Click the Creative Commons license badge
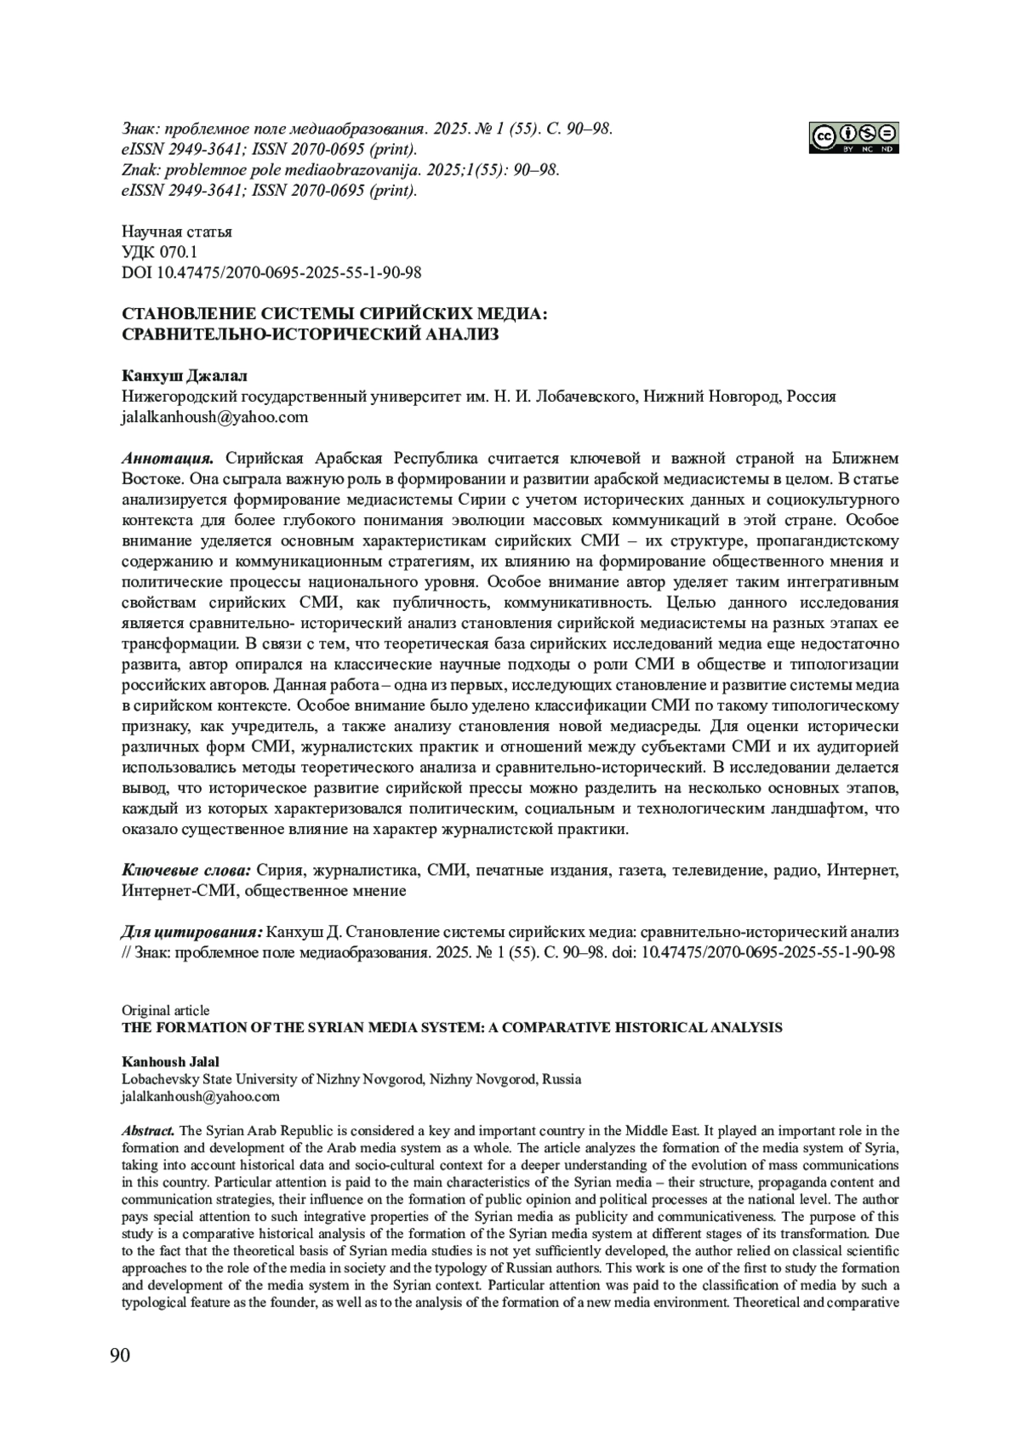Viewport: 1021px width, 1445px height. coord(854,138)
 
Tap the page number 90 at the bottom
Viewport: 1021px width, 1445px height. coord(120,1355)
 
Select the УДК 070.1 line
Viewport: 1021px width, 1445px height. coord(159,252)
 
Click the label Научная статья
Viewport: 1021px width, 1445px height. coord(176,231)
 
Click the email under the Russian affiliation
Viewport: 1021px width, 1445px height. coord(214,417)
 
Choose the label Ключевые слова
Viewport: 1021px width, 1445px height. coord(186,871)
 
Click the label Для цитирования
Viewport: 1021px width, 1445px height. coord(192,932)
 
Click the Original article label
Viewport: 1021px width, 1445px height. coord(165,1010)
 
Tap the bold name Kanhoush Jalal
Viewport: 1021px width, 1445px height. coord(170,1061)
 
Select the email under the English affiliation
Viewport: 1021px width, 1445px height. coord(200,1096)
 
